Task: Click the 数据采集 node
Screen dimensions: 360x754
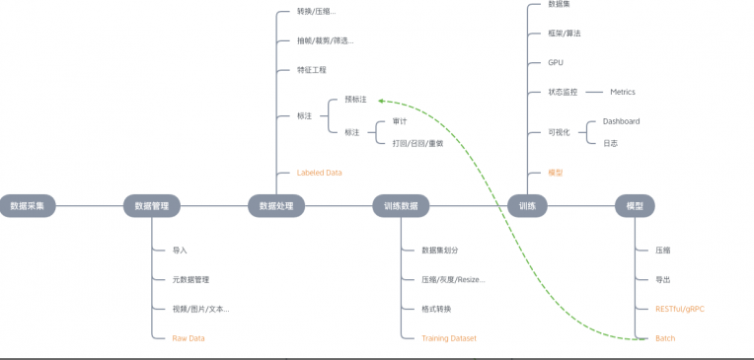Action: click(x=28, y=206)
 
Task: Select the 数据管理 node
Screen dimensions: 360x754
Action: click(x=151, y=206)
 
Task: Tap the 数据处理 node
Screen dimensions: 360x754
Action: click(x=276, y=206)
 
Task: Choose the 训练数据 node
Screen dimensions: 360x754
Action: click(x=401, y=206)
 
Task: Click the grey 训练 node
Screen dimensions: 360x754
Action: click(x=527, y=206)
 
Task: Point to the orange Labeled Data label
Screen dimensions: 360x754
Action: click(x=319, y=173)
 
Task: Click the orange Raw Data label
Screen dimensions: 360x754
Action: click(x=188, y=338)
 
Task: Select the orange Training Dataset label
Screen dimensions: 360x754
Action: click(x=448, y=338)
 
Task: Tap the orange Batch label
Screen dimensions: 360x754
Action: click(x=665, y=338)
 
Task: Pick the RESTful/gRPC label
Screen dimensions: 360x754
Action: click(x=680, y=309)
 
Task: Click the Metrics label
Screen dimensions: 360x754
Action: click(x=623, y=92)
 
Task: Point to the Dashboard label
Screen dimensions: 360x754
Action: click(x=621, y=121)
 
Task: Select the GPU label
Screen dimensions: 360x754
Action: click(x=556, y=62)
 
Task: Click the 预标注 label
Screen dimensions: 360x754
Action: click(x=355, y=100)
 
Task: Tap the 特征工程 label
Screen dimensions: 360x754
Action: click(x=312, y=70)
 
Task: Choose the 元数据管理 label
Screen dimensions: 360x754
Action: click(x=190, y=280)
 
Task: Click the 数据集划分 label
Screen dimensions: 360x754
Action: click(x=440, y=251)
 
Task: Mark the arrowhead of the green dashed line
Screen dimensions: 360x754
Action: click(x=381, y=101)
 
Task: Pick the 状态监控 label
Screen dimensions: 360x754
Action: click(x=563, y=92)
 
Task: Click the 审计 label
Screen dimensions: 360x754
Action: click(x=399, y=121)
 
